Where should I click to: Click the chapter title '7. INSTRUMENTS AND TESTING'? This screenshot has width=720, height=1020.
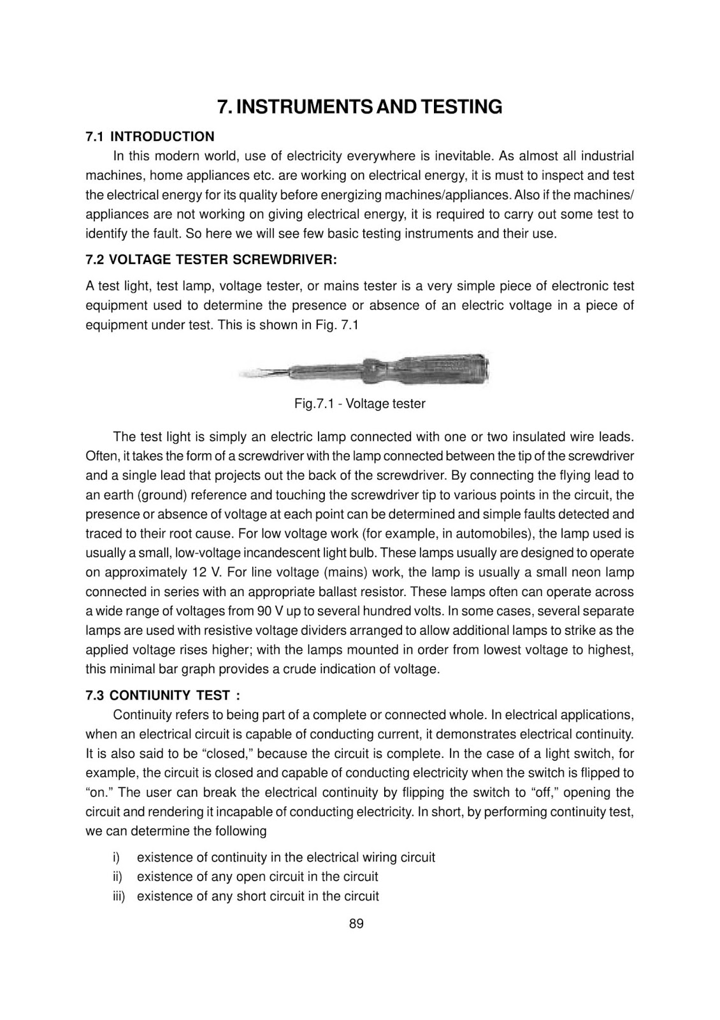(359, 106)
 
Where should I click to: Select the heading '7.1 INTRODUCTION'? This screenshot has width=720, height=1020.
(150, 136)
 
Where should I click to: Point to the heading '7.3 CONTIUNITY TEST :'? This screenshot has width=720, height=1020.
(163, 695)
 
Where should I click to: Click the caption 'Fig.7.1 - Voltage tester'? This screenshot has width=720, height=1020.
(359, 404)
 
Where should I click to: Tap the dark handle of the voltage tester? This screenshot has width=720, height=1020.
(433, 368)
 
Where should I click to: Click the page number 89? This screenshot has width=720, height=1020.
(356, 924)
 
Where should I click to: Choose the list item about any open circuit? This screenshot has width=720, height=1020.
(257, 877)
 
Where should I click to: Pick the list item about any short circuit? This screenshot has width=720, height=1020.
(257, 896)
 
